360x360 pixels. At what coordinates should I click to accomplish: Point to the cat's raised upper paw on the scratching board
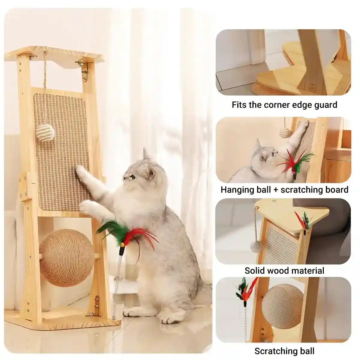(80, 171)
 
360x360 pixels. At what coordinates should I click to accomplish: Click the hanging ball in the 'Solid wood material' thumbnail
(256, 246)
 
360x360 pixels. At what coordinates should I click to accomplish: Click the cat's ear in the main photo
(146, 154)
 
